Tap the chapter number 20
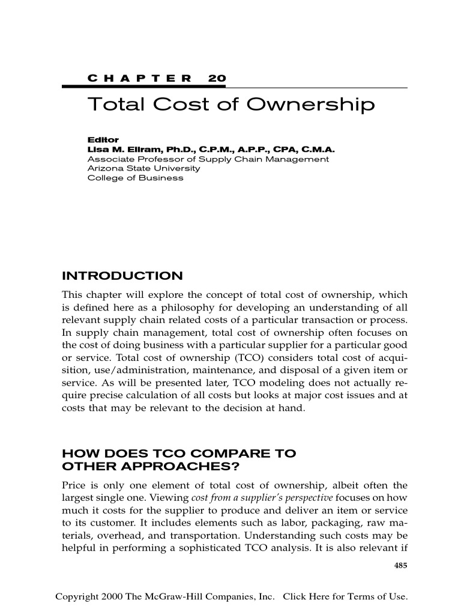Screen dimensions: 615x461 click(x=217, y=79)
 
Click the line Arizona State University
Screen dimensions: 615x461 click(x=143, y=169)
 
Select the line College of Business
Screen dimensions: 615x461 click(x=136, y=178)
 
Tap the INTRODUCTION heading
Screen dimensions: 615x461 click(x=122, y=276)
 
